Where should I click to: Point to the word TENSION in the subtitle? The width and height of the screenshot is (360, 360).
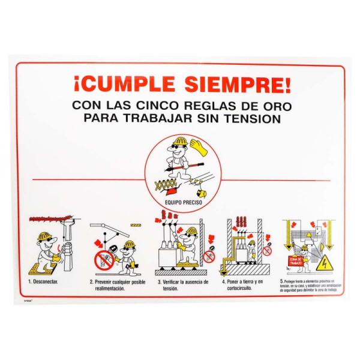click(252, 118)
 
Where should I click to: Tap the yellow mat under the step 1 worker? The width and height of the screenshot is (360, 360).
click(41, 263)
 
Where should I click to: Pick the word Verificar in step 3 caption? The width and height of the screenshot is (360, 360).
click(173, 281)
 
